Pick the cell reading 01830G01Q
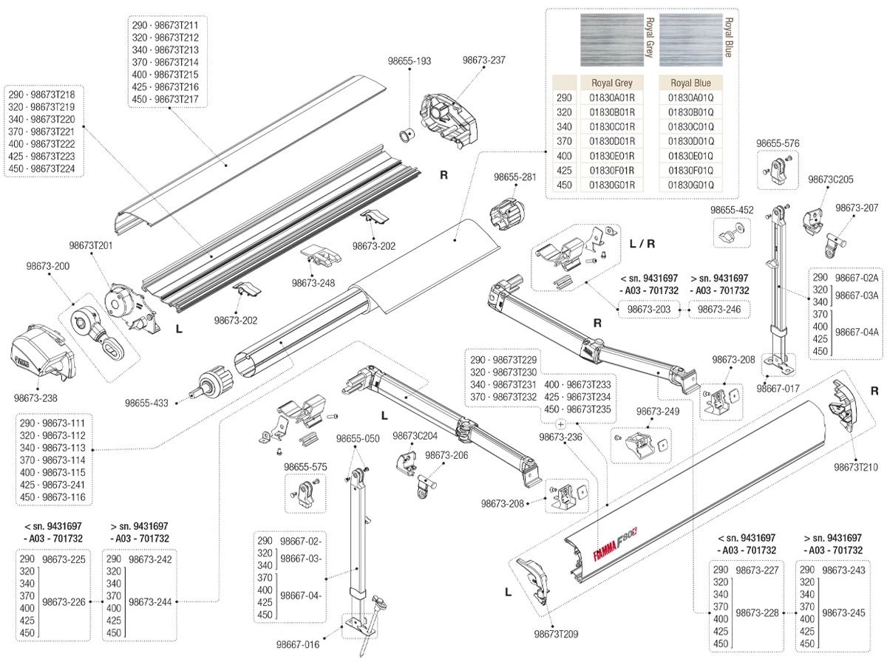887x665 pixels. click(690, 184)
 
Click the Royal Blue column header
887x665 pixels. click(690, 83)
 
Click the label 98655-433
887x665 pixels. click(146, 403)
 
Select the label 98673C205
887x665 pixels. click(830, 180)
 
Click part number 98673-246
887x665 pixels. click(719, 310)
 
